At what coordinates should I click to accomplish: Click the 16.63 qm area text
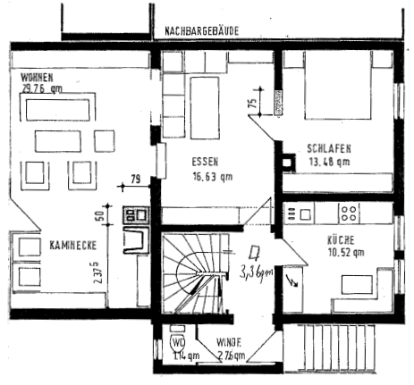(x=211, y=177)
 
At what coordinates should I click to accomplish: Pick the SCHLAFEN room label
(x=326, y=149)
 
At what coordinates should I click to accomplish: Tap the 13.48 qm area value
(x=327, y=163)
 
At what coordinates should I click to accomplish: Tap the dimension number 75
(x=253, y=103)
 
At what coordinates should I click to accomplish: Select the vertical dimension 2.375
(x=97, y=270)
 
